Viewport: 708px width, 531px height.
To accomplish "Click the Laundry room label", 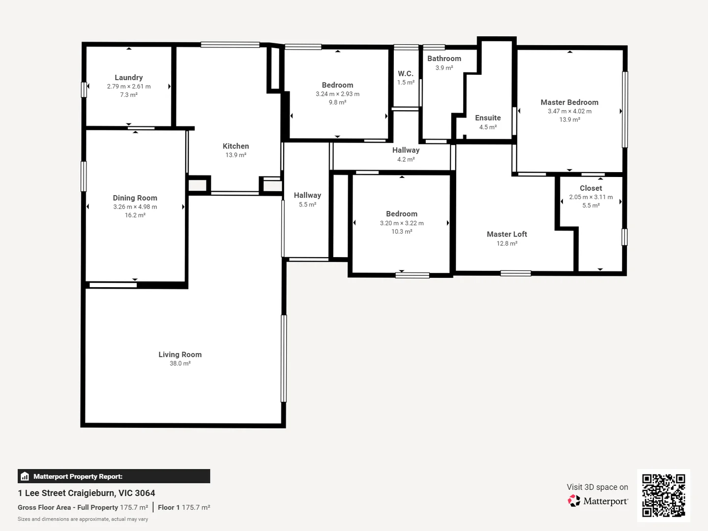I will click(x=128, y=77).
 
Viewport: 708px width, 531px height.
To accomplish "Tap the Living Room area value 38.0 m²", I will click(x=180, y=363).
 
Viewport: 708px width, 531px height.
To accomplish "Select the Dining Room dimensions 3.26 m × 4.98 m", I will click(x=135, y=207).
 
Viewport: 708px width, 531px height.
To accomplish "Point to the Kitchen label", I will click(x=236, y=146).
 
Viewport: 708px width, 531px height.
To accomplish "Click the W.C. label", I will click(x=405, y=74).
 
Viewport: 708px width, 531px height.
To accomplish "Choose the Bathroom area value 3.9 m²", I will click(x=444, y=68).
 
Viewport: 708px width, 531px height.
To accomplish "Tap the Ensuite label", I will click(x=488, y=118).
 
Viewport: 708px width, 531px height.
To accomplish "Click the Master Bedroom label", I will click(x=569, y=102).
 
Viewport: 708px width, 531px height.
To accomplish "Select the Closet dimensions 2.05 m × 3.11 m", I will click(x=590, y=197).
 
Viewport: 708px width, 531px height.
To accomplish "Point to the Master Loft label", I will click(x=506, y=234).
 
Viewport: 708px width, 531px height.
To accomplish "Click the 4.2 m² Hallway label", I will click(x=406, y=150).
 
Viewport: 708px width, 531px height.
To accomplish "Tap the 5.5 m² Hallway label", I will click(x=307, y=196).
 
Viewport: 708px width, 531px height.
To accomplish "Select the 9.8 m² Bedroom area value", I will click(x=337, y=102).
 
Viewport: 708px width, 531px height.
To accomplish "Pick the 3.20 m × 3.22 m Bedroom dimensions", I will click(x=401, y=223).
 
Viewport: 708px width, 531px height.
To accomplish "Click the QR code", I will click(x=663, y=495).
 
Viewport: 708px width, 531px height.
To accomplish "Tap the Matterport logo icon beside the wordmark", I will click(x=574, y=501).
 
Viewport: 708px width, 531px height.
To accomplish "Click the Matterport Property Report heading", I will click(x=78, y=476).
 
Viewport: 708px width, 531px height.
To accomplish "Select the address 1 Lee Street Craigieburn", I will click(x=87, y=493).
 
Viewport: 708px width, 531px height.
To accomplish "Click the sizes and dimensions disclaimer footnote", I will click(x=83, y=519).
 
